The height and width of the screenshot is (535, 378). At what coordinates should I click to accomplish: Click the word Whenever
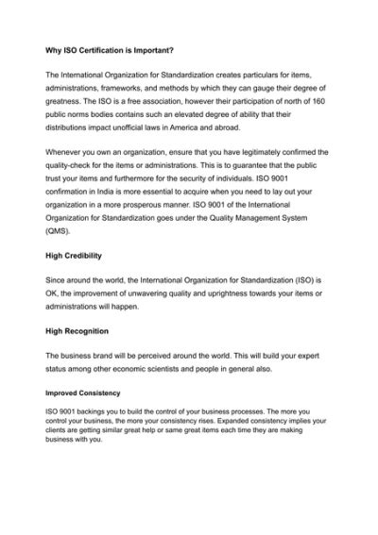67,151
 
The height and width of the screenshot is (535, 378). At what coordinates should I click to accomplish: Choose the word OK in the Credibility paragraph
54,293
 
